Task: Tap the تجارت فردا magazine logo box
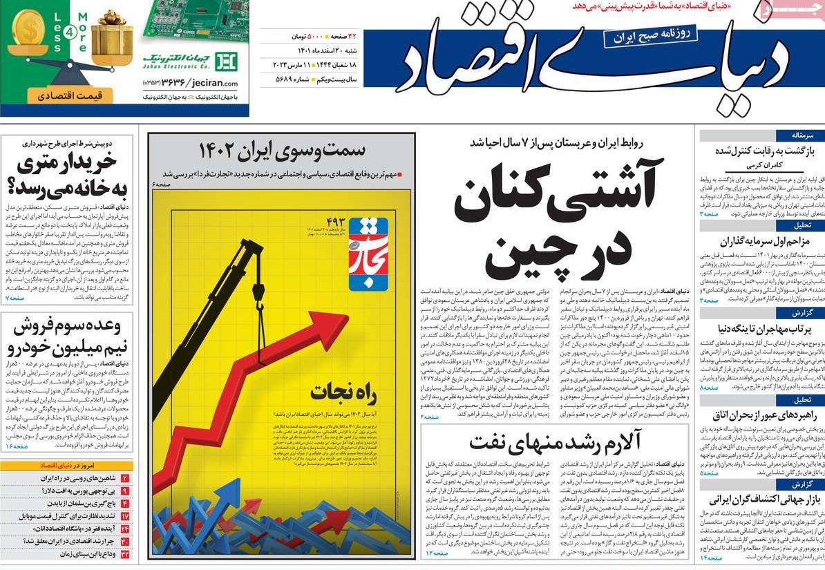(368, 254)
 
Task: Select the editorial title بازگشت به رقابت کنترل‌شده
(762, 151)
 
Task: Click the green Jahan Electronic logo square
(226, 61)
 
